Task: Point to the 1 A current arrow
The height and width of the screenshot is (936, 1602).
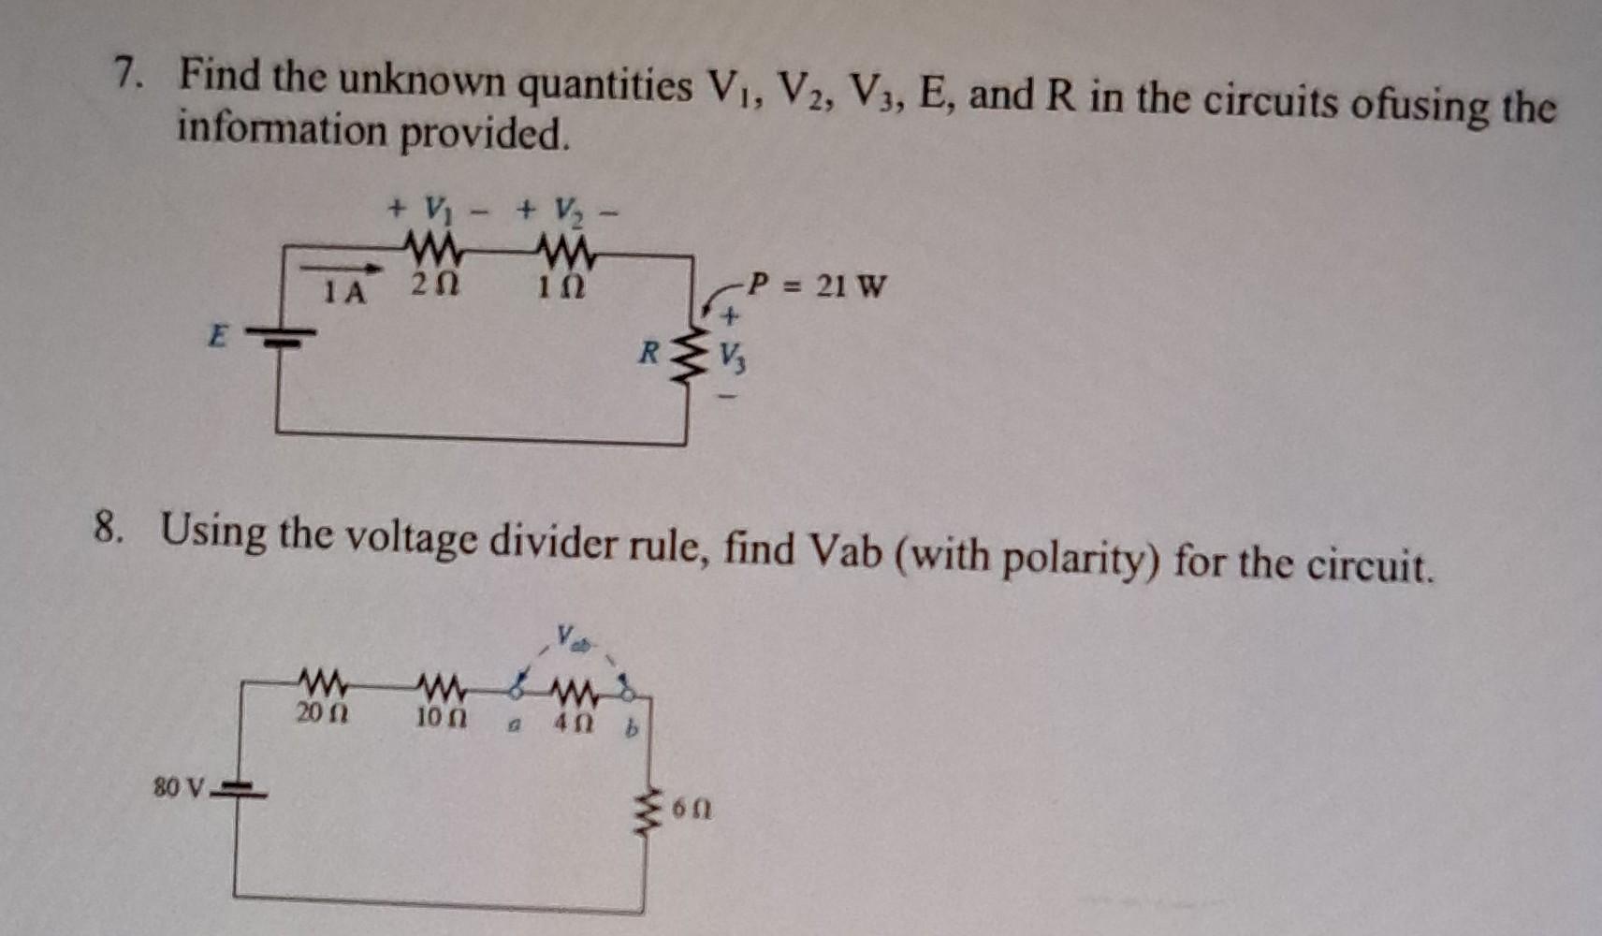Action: (x=342, y=270)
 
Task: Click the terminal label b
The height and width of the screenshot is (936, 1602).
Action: (x=631, y=728)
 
